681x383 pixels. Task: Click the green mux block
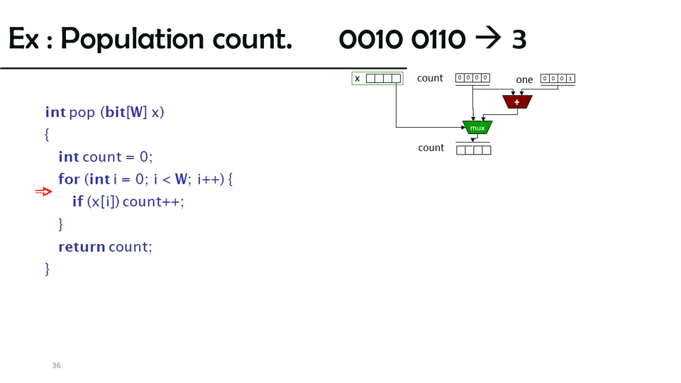click(477, 128)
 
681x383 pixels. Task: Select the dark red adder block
click(517, 102)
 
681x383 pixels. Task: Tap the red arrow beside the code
click(44, 191)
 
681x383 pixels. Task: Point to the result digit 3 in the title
click(519, 40)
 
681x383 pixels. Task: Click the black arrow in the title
click(487, 39)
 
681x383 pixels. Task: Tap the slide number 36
click(56, 365)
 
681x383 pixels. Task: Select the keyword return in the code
click(81, 247)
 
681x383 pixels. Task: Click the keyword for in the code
click(69, 179)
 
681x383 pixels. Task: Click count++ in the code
click(153, 202)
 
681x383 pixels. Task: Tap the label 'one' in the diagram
click(524, 79)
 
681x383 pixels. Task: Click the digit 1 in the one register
click(570, 79)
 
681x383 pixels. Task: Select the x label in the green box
click(357, 79)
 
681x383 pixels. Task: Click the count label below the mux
click(431, 148)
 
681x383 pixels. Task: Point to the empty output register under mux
click(473, 150)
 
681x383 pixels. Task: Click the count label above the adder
click(429, 78)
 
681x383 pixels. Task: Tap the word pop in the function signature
click(82, 112)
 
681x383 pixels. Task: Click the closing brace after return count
click(48, 268)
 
